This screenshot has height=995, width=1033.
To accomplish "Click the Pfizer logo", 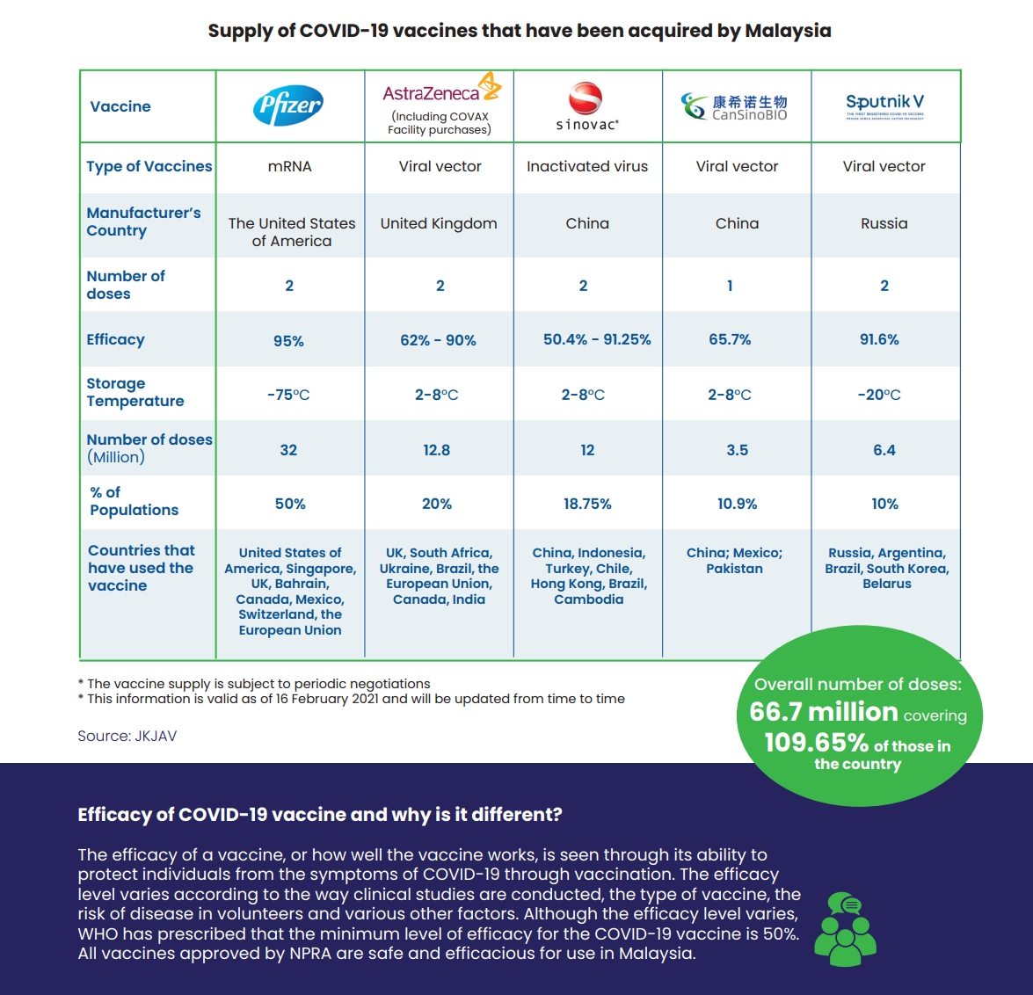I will click(288, 106).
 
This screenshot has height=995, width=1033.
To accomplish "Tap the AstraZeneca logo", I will click(440, 90).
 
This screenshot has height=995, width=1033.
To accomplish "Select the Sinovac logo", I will click(586, 106).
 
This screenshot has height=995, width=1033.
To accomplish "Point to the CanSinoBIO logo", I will click(735, 106).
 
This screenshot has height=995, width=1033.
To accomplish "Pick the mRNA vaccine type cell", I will click(289, 166).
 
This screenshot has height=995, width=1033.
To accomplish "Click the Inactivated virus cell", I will click(587, 166).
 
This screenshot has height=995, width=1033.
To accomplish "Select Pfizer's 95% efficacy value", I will click(288, 341).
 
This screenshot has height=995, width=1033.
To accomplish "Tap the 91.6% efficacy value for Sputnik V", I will click(879, 339).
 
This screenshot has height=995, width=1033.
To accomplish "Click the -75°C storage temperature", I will click(288, 395).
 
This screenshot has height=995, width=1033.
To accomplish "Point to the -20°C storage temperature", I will click(879, 395).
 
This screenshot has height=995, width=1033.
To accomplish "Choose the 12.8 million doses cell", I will click(436, 450).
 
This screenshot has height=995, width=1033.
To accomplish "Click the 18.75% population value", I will click(587, 504).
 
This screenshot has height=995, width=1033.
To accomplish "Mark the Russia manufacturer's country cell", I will click(884, 223).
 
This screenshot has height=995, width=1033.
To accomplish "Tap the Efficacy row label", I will click(115, 339).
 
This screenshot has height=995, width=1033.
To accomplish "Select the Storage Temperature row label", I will click(135, 392).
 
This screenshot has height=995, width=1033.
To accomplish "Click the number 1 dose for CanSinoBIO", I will click(730, 286).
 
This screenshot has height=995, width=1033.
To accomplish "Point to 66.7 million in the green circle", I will click(824, 712).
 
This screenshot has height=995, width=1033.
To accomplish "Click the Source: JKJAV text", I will click(127, 736).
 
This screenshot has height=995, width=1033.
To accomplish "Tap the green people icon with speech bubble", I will click(845, 930).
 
